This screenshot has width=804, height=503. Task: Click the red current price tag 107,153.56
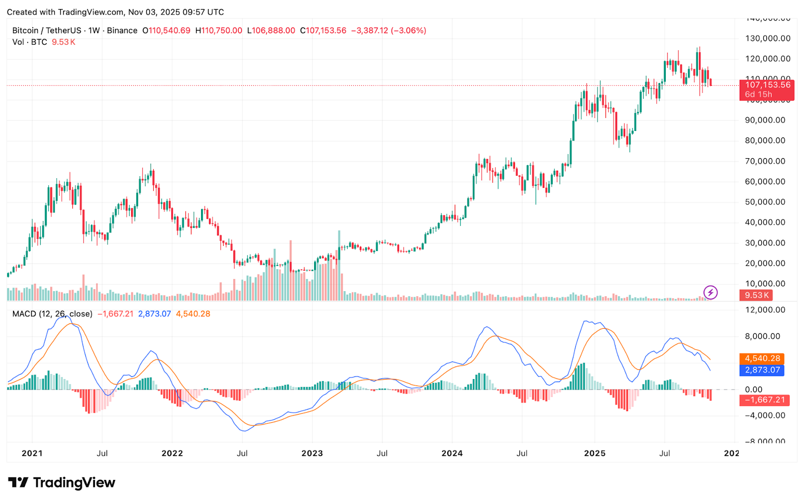[x=767, y=85]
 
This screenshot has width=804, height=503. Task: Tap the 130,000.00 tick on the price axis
[x=767, y=38]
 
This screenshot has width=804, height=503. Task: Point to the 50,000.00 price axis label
[x=765, y=202]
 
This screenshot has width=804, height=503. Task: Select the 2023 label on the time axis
[x=312, y=453]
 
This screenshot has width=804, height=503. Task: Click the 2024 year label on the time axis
[x=452, y=453]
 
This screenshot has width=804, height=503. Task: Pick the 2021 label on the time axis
[x=32, y=453]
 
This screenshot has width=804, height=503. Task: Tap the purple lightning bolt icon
[x=710, y=292]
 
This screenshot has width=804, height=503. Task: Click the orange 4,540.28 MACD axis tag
[x=762, y=358]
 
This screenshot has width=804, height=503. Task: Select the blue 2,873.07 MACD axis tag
[x=762, y=370]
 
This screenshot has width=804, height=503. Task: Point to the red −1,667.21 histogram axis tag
[x=764, y=400]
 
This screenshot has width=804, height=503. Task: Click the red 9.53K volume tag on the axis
[x=757, y=296]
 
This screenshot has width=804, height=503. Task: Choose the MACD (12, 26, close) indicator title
[x=52, y=314]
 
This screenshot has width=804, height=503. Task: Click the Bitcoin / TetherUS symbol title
[x=47, y=31]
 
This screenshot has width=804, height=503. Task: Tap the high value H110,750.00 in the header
[x=219, y=31]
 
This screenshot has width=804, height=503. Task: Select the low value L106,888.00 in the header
[x=271, y=31]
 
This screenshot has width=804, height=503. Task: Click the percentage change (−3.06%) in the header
[x=409, y=31]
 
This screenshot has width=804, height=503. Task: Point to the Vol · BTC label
[x=30, y=42]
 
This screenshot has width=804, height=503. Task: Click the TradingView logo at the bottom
[x=62, y=482]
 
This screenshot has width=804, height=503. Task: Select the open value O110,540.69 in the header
[x=166, y=31]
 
